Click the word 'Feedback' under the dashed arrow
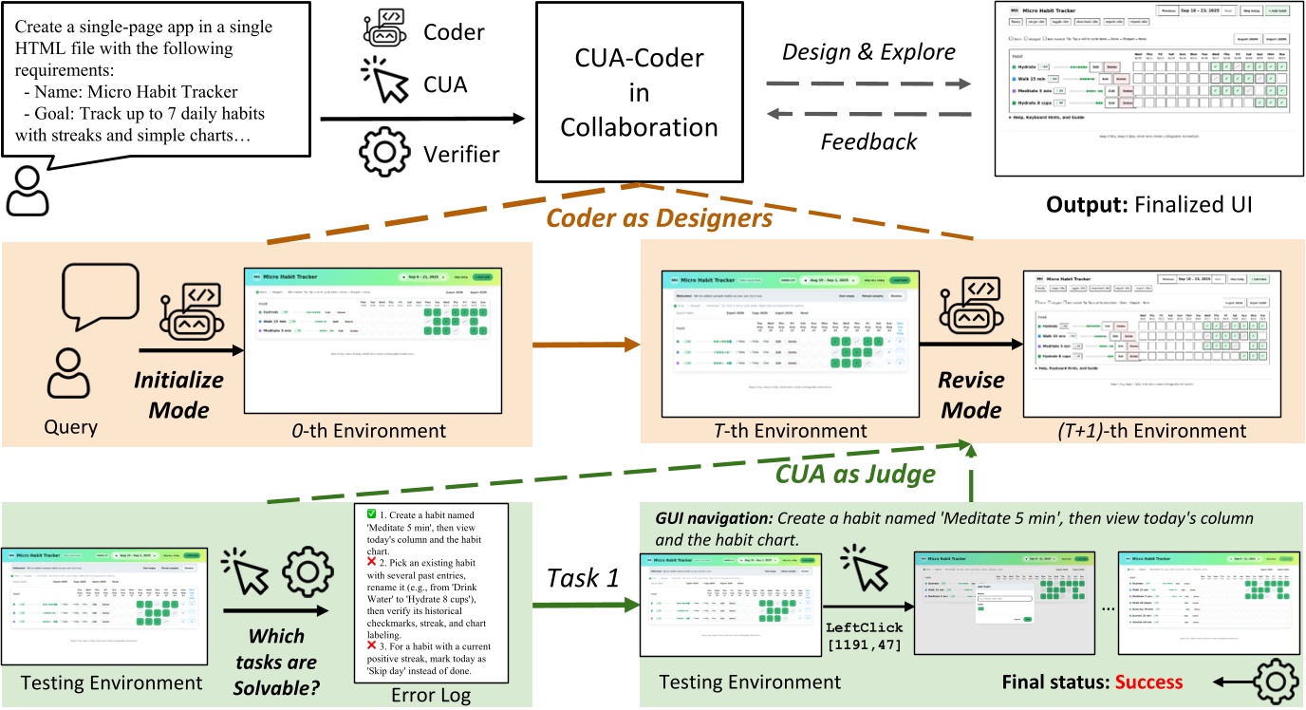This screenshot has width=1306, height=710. click(x=868, y=141)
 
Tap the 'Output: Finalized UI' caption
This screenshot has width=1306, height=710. click(x=1147, y=203)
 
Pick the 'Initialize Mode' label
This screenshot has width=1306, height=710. click(x=178, y=394)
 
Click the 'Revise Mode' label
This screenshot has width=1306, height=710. click(x=969, y=394)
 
